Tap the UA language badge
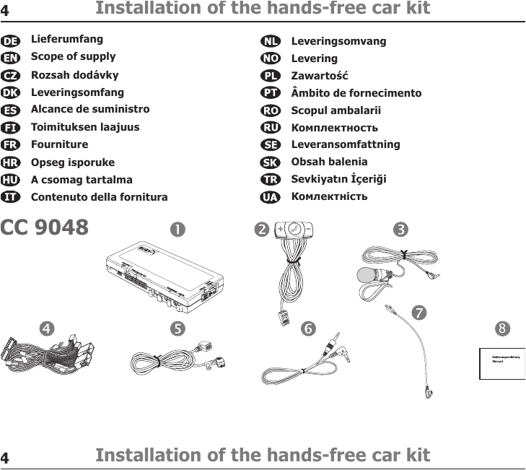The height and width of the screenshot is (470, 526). pos(271,197)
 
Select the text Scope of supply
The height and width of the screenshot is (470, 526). pos(73,56)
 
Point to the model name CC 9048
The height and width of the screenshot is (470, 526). pos(45,227)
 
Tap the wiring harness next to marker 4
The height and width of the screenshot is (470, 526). pos(54,354)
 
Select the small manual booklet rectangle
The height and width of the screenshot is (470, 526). pos(502,363)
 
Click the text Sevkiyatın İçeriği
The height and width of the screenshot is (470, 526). pos(338,179)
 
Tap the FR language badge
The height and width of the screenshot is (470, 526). pos(11,145)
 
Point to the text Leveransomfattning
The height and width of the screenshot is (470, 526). pos(345,144)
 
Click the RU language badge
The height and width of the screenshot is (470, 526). pos(271,128)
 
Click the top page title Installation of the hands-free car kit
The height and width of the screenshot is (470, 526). pos(263,9)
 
